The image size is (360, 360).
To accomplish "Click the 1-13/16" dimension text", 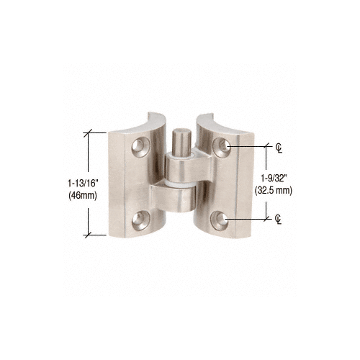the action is (x=83, y=184).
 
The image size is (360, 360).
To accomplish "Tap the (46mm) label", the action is (x=83, y=195).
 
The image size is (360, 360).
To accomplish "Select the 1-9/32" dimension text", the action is (x=274, y=179).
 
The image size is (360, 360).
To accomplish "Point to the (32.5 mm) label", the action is (x=274, y=190).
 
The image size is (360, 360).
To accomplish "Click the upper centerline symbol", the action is (x=279, y=148).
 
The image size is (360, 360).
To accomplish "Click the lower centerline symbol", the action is (x=278, y=220).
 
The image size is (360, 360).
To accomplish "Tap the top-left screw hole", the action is (x=140, y=147).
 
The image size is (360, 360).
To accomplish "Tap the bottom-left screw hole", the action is (x=140, y=220).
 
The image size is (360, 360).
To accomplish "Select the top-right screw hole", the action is (x=221, y=147).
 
